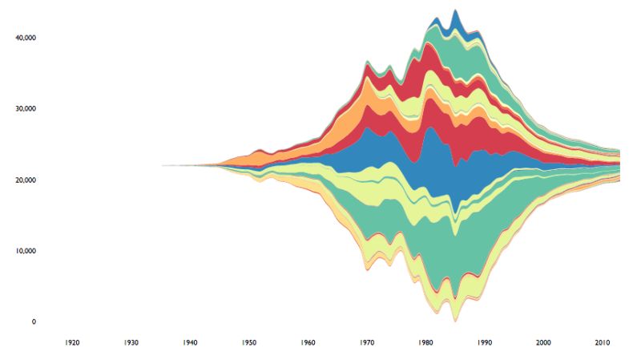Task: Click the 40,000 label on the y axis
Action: click(26, 38)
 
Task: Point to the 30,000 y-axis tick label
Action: click(26, 109)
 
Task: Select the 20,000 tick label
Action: click(26, 180)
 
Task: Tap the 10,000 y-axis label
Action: click(26, 251)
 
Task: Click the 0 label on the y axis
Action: click(34, 322)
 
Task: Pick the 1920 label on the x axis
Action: click(72, 343)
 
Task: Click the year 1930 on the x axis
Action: click(131, 343)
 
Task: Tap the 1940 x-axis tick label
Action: click(190, 343)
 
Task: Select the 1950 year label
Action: click(249, 343)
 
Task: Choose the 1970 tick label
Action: click(367, 343)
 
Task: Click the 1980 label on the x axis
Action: click(426, 343)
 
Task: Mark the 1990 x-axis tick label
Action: click(485, 343)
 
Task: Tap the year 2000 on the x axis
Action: click(544, 343)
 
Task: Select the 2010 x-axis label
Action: click(603, 343)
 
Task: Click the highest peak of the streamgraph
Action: click(455, 10)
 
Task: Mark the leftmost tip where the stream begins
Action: click(163, 165)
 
